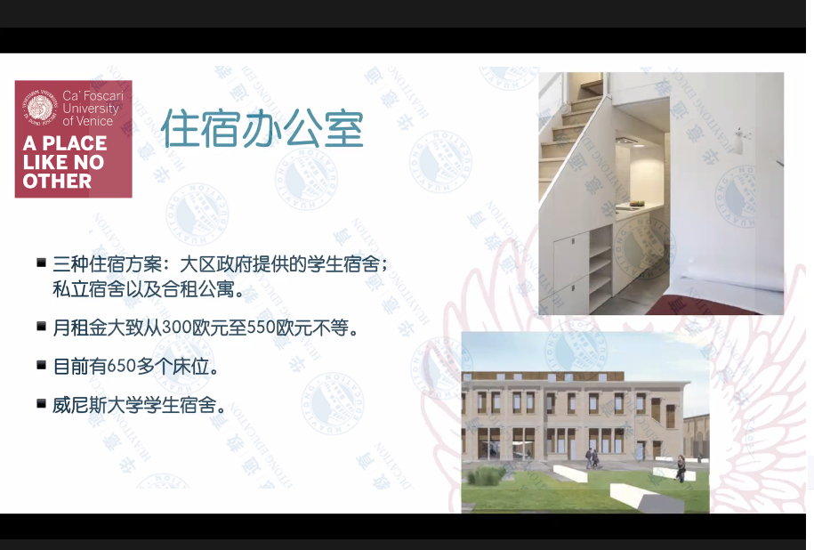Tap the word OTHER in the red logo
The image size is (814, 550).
[x=58, y=182]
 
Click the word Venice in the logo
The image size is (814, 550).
[x=95, y=121]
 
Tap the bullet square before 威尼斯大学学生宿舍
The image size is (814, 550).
[x=42, y=403]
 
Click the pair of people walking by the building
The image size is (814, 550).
[x=592, y=457]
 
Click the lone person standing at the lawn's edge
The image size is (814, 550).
[x=680, y=468]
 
